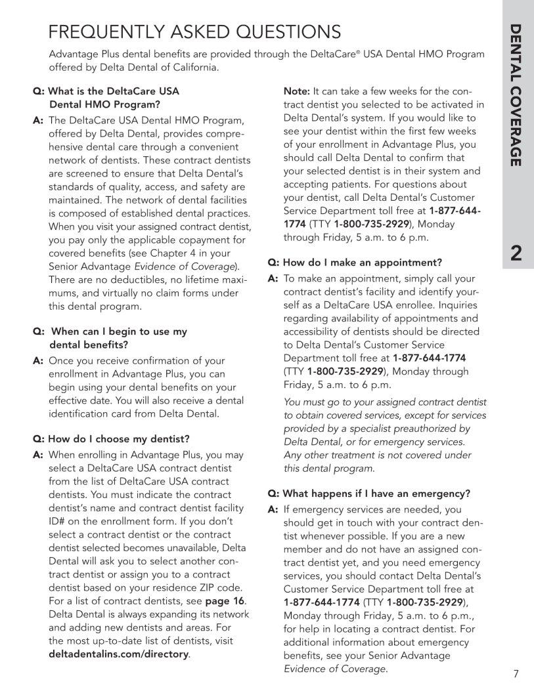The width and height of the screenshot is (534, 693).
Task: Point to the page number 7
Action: [x=516, y=673]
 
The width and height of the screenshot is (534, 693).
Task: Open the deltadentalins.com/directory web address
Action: [x=119, y=654]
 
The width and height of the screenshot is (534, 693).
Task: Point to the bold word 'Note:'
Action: [x=296, y=91]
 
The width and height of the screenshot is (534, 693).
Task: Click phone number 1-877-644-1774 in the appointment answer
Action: [x=429, y=358]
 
